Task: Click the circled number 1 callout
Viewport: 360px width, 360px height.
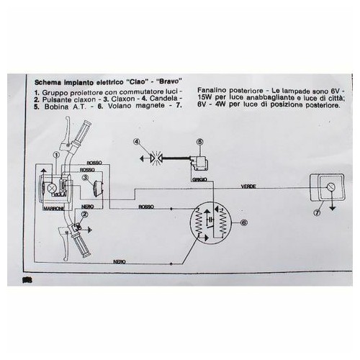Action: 57,156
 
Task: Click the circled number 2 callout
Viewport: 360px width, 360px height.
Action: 85,215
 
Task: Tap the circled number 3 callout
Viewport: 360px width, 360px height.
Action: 85,178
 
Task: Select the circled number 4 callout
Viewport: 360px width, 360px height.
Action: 137,142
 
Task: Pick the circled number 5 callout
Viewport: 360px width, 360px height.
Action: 199,142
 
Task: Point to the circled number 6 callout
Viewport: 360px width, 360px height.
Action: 244,222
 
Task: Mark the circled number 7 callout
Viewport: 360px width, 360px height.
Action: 317,212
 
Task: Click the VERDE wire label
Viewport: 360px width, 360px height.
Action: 248,186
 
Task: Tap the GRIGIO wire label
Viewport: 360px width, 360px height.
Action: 199,179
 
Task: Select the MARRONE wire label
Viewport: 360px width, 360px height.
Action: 54,209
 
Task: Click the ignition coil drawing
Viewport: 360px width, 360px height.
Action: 199,163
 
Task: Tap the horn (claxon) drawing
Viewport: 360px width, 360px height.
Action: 99,186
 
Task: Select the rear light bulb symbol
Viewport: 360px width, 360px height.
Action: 330,187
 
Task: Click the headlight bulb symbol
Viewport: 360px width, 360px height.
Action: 52,188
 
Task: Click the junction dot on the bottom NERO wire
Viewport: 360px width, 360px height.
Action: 171,264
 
